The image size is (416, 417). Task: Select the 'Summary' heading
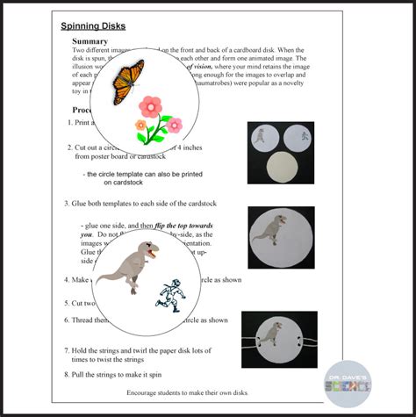(90, 41)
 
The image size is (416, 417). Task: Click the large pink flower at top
(150, 106)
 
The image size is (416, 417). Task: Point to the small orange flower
(140, 126)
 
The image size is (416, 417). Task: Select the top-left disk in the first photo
(264, 138)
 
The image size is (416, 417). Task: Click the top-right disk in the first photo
(299, 138)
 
